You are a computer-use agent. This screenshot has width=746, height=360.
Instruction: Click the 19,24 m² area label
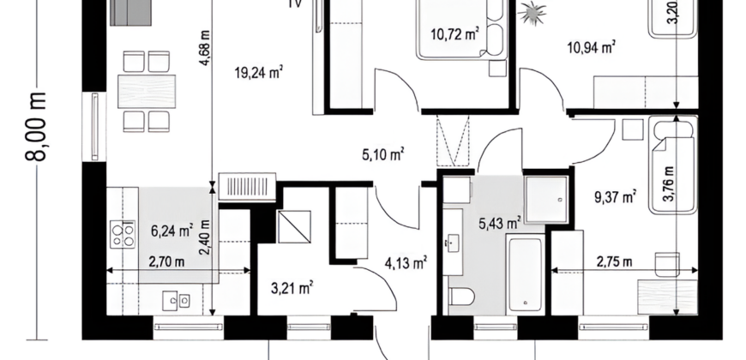pyautogui.click(x=259, y=73)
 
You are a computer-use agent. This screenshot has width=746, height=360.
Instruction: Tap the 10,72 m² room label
pyautogui.click(x=454, y=35)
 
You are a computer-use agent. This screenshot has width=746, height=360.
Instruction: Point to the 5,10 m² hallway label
pyautogui.click(x=382, y=155)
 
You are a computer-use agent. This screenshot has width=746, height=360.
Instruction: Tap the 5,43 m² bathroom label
pyautogui.click(x=500, y=224)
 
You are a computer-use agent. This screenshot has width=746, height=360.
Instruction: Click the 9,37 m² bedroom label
pyautogui.click(x=615, y=197)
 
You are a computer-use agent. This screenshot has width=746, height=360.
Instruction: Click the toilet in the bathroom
pyautogui.click(x=462, y=297)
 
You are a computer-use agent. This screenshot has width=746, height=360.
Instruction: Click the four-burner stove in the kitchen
pyautogui.click(x=123, y=234)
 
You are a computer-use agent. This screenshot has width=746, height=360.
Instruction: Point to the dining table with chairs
pyautogui.click(x=147, y=88)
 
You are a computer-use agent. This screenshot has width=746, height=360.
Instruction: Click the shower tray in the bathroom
pyautogui.click(x=547, y=199)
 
